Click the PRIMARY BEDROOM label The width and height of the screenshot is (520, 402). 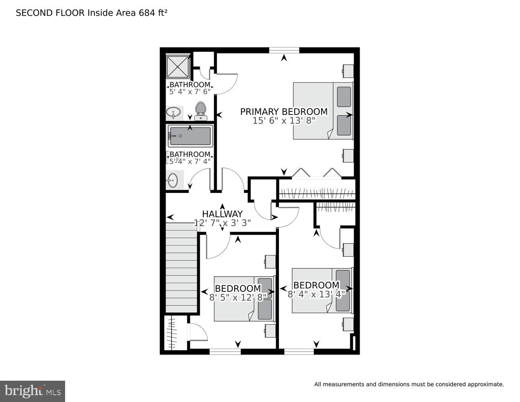click(284, 111)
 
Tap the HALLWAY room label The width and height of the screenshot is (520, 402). click(222, 214)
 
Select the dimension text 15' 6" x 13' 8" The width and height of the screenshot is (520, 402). click(284, 121)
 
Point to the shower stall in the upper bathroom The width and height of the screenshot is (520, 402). click(178, 66)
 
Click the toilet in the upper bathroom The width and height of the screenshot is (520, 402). click(200, 111)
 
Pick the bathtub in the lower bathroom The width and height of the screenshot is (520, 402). click(190, 137)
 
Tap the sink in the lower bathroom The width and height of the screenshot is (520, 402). click(172, 180)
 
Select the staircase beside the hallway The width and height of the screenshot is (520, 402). click(182, 267)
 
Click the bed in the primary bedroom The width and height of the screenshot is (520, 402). click(323, 111)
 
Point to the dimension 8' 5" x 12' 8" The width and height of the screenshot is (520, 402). click(238, 298)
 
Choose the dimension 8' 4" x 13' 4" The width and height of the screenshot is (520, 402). click(316, 294)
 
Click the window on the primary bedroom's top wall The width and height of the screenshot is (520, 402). click(284, 50)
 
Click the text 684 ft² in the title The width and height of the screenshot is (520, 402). click(153, 13)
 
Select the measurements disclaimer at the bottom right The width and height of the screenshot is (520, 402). click(409, 384)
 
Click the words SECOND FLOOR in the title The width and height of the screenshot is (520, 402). click(50, 13)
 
